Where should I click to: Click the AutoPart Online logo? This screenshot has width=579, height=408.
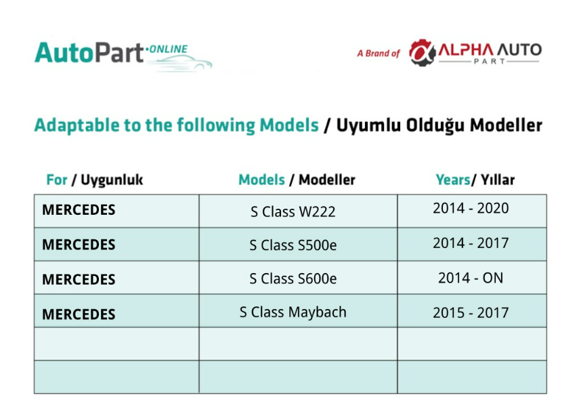coord(123,56)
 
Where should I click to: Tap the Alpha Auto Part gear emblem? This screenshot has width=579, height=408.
coord(422,53)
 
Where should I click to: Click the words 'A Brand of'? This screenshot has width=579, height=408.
coord(378,54)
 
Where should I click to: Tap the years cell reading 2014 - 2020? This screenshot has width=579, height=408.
coord(471,208)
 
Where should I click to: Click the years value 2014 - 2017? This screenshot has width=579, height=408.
coord(471,243)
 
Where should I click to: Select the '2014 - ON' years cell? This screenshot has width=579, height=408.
coord(471,278)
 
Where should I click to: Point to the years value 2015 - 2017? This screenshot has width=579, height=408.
coord(471,312)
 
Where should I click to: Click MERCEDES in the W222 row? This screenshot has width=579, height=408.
coord(79,209)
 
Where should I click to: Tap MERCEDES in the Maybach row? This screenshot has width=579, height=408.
coord(79,314)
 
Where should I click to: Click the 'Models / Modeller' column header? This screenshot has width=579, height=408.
coord(297,180)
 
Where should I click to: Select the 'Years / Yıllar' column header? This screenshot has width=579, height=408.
coord(475,180)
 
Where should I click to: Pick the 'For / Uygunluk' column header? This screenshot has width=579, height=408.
coord(95,180)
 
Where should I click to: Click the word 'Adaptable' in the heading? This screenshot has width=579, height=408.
coord(77,125)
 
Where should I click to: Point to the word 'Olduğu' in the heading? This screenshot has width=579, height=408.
coord(435,125)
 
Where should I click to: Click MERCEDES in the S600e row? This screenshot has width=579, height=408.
coord(79,279)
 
